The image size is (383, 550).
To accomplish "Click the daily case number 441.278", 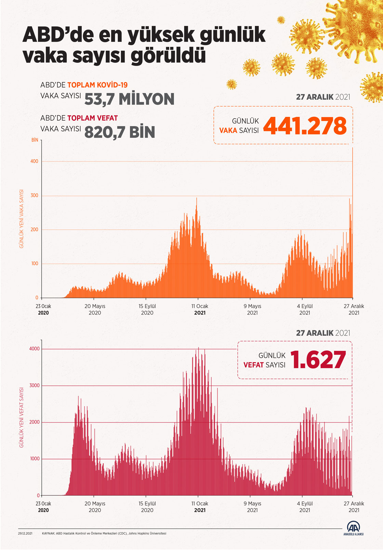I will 305,126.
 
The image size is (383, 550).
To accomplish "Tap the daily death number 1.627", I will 318,360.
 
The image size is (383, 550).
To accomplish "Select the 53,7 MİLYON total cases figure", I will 129,99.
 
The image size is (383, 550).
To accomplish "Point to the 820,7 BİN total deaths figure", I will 120,132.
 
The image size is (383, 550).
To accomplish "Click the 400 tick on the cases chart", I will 35,161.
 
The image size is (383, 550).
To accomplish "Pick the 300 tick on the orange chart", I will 35,196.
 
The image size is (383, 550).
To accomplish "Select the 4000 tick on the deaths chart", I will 35,349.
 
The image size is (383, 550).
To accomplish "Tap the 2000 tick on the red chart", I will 35,422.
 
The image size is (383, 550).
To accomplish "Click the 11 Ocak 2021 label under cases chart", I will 200,309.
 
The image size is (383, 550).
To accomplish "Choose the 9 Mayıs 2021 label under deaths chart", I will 252,507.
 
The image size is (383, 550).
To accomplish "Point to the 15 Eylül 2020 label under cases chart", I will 147,309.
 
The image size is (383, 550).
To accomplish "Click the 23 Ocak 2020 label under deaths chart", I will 43,507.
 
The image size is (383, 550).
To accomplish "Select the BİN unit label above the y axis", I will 35,140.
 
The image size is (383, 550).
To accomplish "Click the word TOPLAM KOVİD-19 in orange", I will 97,85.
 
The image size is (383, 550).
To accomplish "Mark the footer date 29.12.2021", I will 25,533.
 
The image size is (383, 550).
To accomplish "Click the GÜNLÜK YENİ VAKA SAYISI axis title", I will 22,219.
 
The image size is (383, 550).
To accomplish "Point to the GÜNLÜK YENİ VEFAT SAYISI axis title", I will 22,417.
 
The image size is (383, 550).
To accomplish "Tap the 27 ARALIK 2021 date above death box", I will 323,333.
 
